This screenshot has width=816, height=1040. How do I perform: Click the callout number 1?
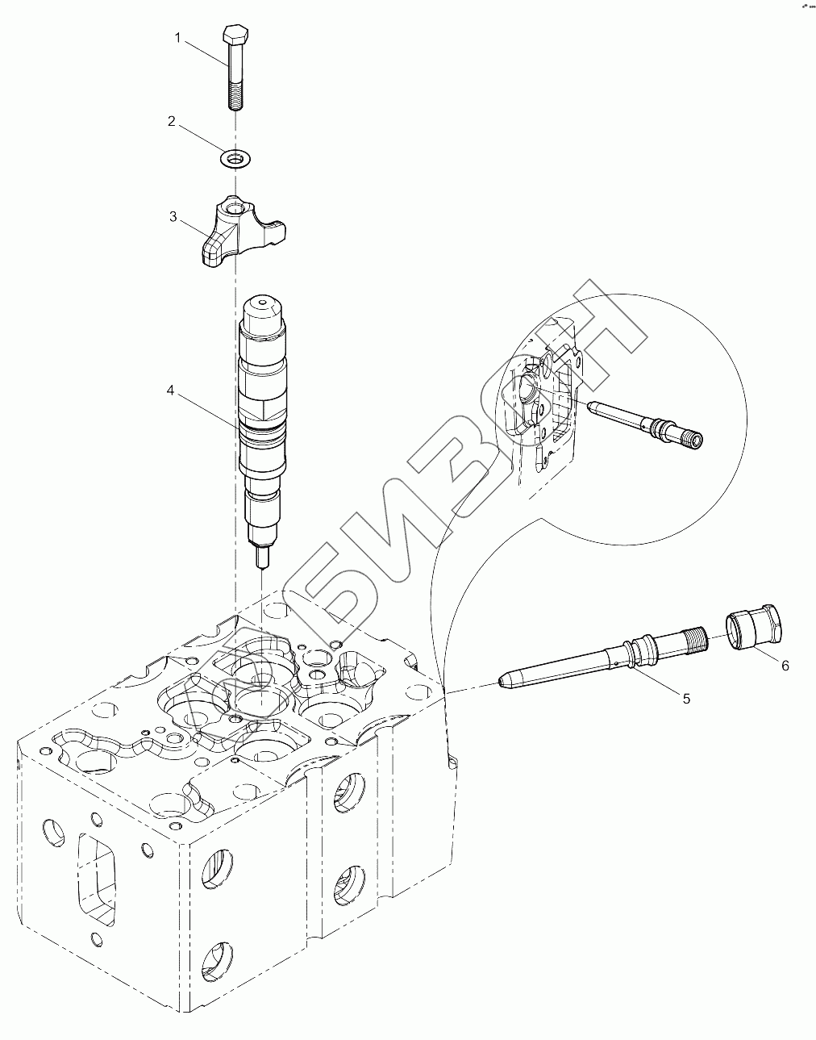(181, 37)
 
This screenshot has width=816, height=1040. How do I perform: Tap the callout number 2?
(171, 121)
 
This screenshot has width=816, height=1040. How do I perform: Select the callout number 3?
(173, 216)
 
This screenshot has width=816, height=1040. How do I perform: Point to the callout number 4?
(170, 390)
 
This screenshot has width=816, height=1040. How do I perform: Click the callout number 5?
(686, 699)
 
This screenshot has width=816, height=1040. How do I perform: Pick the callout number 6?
(784, 665)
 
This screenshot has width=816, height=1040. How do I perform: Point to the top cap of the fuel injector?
(263, 309)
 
